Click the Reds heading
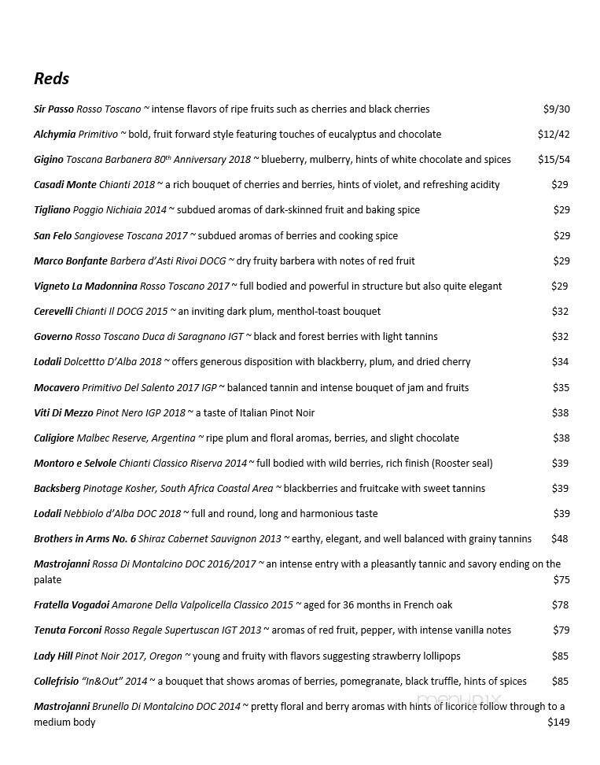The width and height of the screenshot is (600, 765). [x=51, y=79]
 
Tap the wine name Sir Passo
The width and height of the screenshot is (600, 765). [x=53, y=109]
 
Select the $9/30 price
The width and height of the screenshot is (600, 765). [x=556, y=109]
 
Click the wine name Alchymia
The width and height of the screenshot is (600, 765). [x=54, y=135]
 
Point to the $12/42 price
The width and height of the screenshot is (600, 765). [x=554, y=135]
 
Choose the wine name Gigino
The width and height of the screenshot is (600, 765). [x=48, y=160]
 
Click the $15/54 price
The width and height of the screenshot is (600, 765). [x=554, y=160]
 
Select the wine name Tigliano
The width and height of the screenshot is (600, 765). [x=52, y=210]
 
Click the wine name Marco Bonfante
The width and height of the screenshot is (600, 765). [x=70, y=261]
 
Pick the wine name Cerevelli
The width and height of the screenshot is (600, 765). [x=53, y=312]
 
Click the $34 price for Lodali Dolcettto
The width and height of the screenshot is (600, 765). [x=560, y=362]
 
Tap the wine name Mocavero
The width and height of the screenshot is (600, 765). [x=57, y=388]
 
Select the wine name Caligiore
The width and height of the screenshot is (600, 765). [x=54, y=438]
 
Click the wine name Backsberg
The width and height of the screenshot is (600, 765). [x=57, y=489]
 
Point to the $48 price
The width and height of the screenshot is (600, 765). [x=559, y=539]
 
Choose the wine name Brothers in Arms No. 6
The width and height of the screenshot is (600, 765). [x=85, y=539]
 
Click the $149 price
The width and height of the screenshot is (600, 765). [x=558, y=722]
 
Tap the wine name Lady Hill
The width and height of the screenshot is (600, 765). [x=53, y=656]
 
